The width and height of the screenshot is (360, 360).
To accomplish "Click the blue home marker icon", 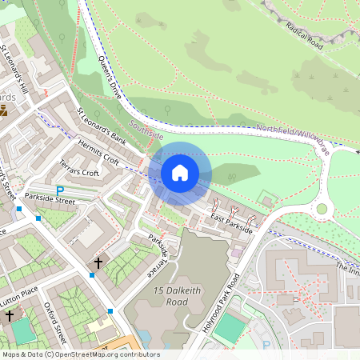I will (x=180, y=172).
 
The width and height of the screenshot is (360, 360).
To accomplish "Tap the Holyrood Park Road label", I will (x=222, y=304).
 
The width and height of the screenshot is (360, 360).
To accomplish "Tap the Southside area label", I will (x=145, y=126).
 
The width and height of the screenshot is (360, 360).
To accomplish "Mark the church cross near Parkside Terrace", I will (x=98, y=262).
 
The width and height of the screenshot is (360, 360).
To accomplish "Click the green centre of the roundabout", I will (x=322, y=209).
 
